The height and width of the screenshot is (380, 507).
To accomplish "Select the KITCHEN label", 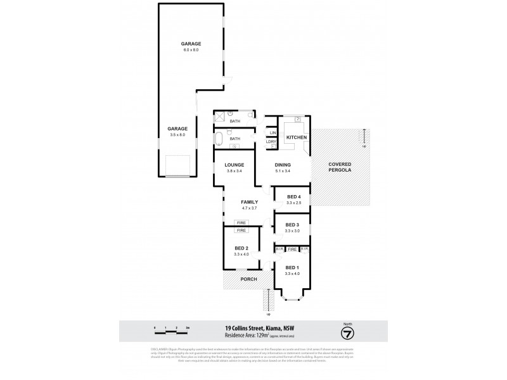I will pos(297,137).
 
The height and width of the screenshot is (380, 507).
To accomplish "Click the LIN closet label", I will pos(272,132).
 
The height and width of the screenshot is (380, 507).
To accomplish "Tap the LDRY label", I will pos(272,142).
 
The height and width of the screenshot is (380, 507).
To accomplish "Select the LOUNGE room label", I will pos(234,165).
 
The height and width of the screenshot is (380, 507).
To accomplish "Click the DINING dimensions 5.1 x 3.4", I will pos(283,172).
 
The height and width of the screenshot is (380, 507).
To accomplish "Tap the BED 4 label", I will pos(292,196).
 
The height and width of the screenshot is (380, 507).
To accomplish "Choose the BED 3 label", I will pos(292,225).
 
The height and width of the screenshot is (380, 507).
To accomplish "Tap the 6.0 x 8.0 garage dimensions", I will pos(191,49).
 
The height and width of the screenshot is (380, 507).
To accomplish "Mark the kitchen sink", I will pos(297,120).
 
